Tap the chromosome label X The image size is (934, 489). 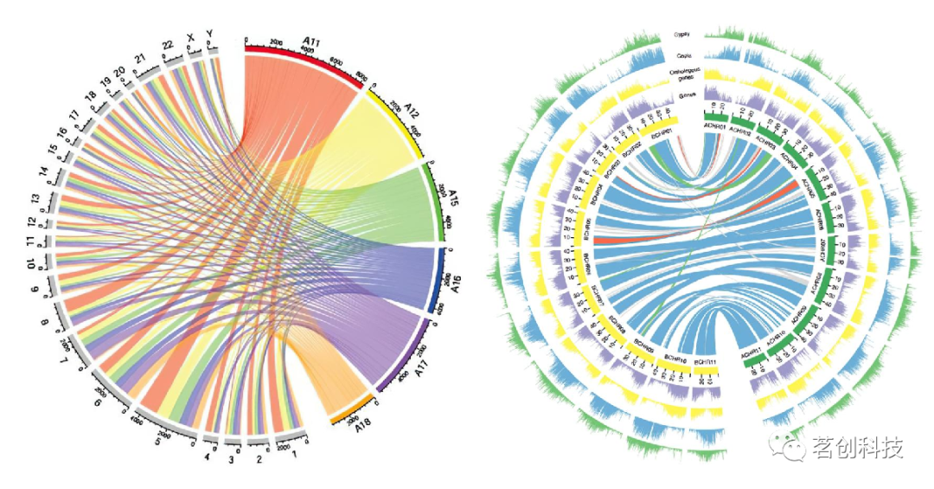click(190, 39)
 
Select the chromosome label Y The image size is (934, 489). click(210, 35)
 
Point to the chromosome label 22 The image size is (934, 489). click(169, 45)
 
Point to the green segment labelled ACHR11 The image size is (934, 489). click(752, 360)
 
